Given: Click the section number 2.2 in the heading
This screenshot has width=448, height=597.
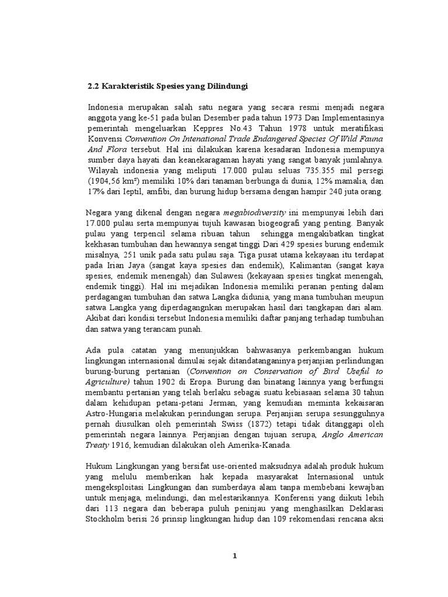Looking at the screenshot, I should coord(93,86).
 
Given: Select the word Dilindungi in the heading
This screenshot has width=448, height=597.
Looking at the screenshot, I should coord(229,86).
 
